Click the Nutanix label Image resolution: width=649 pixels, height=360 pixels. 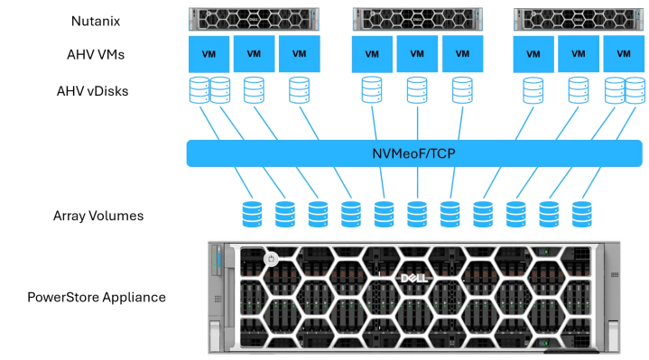click(x=96, y=21)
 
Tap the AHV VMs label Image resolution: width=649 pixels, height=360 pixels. click(x=96, y=55)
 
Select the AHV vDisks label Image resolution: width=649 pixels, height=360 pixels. click(x=92, y=91)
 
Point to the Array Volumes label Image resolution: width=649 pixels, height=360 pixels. click(x=98, y=216)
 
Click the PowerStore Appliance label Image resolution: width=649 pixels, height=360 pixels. click(x=97, y=297)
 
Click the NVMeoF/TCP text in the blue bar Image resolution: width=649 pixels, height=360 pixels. click(x=414, y=153)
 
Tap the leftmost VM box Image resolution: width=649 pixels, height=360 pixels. click(x=209, y=54)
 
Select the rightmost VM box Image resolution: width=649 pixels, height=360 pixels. click(x=624, y=54)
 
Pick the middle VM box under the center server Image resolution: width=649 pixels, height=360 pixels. click(x=417, y=54)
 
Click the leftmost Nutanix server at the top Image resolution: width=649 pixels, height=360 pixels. click(x=254, y=19)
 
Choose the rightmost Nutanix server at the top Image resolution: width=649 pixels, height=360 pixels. click(x=579, y=19)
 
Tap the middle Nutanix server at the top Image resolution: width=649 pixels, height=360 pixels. click(x=417, y=19)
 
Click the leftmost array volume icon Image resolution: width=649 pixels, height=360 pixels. click(x=252, y=215)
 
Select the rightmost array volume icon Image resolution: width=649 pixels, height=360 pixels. click(x=582, y=215)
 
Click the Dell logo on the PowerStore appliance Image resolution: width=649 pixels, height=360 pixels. click(x=414, y=278)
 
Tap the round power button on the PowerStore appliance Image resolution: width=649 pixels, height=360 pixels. click(x=271, y=260)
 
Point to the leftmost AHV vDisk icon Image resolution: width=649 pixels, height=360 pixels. click(x=199, y=90)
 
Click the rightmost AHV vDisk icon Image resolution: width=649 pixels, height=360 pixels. click(x=635, y=90)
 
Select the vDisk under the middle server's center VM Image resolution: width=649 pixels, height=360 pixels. click(x=417, y=90)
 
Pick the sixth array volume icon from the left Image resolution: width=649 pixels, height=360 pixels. click(x=417, y=215)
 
